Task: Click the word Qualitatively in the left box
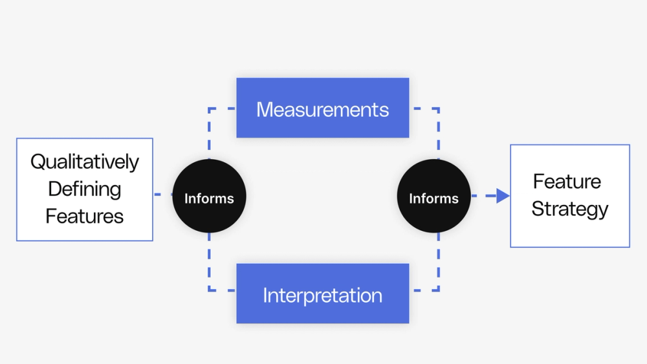85,162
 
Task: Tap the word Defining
85,189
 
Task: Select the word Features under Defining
85,216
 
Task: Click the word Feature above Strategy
567,182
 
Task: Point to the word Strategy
570,209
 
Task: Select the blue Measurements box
322,108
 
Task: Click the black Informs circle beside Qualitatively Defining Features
209,197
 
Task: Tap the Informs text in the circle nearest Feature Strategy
433,198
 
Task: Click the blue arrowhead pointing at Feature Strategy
503,195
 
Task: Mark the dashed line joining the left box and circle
162,194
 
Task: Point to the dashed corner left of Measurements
209,109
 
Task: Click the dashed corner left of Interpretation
209,290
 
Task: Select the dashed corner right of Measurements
439,109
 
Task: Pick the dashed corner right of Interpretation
439,290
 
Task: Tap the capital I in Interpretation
265,295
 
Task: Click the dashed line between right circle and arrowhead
482,195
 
